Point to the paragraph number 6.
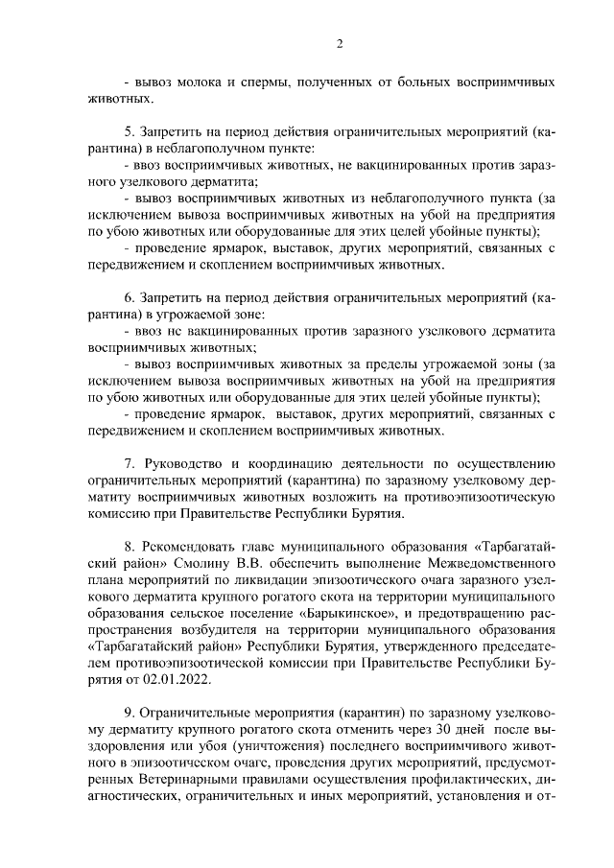129,297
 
